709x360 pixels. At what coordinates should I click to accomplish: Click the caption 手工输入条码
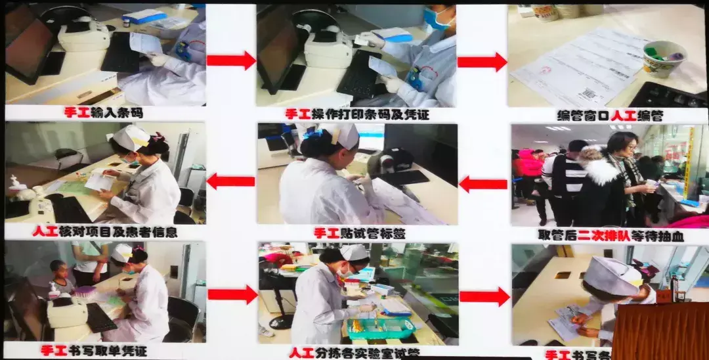tap(104, 113)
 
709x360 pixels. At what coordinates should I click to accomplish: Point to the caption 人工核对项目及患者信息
tap(104, 232)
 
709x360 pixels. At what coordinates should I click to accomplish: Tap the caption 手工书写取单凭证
tap(104, 351)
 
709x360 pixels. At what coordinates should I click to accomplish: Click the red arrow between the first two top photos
tap(230, 60)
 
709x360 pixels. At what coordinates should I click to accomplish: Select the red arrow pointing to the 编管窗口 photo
tap(482, 62)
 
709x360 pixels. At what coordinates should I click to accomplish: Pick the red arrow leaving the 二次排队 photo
tap(483, 184)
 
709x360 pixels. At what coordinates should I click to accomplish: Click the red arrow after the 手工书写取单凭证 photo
tap(232, 294)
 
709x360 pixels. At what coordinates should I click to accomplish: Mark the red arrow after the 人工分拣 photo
tap(484, 297)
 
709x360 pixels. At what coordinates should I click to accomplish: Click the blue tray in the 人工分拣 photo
tap(381, 327)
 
